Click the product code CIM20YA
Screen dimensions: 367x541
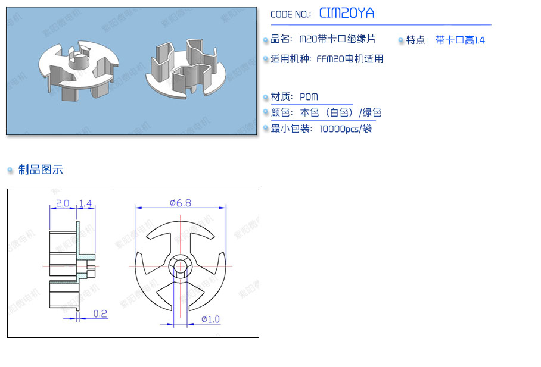tap(347, 13)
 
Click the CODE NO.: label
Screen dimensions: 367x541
tap(291, 15)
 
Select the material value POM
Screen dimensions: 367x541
tap(309, 97)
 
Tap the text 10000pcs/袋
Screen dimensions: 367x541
tap(346, 128)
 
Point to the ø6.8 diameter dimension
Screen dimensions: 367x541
tap(180, 203)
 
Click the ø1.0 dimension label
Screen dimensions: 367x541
tap(210, 319)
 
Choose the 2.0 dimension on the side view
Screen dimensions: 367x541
tap(62, 203)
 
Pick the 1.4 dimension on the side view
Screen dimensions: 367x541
tap(86, 203)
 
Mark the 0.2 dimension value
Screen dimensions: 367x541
tap(101, 313)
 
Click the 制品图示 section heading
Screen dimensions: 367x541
tap(41, 170)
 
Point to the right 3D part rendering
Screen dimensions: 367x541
tap(185, 69)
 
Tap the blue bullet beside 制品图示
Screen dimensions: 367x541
tap(10, 171)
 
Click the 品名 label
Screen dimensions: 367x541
tap(281, 39)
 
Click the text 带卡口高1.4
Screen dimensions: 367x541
tap(460, 40)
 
